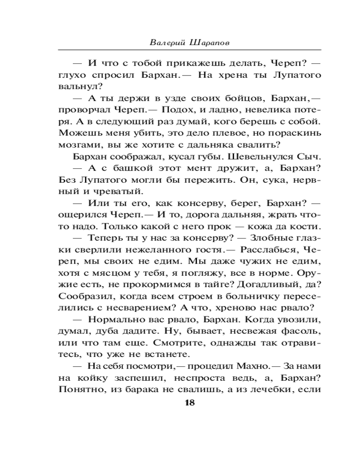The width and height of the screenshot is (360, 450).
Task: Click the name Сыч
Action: click(310, 157)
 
